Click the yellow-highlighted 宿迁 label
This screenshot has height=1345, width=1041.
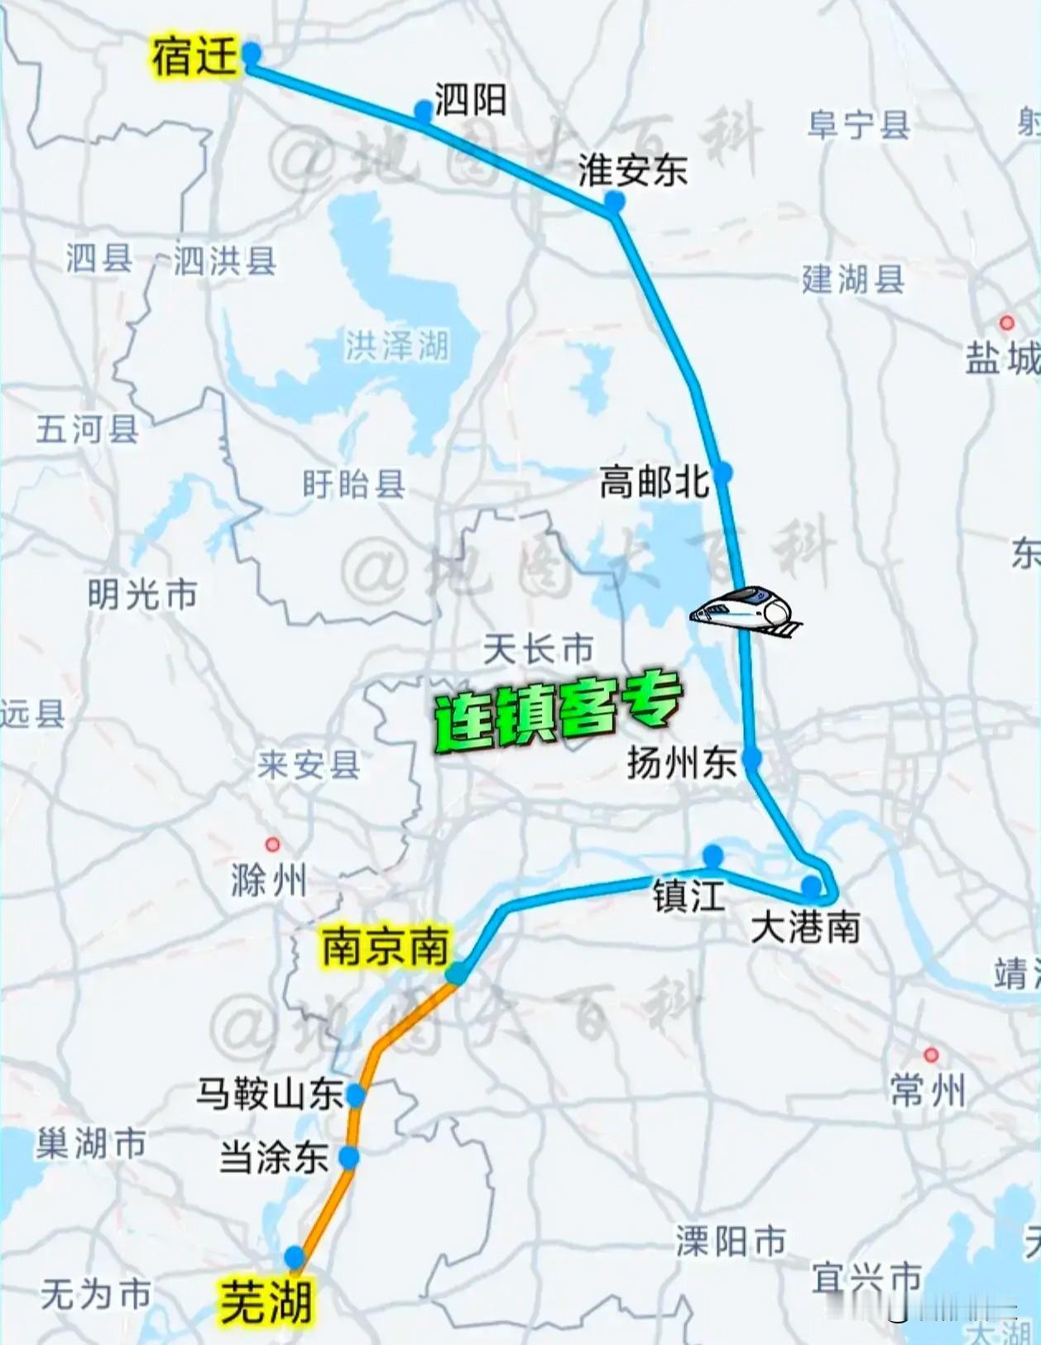click(194, 58)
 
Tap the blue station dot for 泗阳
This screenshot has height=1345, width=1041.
click(424, 109)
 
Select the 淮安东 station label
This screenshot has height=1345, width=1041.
click(633, 170)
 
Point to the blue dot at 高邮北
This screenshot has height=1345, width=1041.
click(722, 472)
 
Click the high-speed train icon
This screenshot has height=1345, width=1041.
click(746, 612)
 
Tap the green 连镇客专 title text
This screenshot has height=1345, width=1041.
click(559, 711)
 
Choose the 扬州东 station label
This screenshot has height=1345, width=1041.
click(682, 762)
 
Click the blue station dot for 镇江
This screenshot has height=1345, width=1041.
click(712, 855)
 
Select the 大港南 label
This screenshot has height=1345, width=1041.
click(805, 927)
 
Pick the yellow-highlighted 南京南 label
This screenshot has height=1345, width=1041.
click(385, 948)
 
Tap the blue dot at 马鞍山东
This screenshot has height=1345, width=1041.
click(356, 1096)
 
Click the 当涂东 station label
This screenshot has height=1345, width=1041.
click(274, 1157)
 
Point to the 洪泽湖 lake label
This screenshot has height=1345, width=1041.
click(397, 346)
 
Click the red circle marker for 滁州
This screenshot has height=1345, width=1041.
click(272, 845)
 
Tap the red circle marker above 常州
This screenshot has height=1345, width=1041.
click(931, 1055)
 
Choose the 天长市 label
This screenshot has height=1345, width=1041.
click(538, 649)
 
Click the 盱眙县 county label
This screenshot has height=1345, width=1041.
click(353, 484)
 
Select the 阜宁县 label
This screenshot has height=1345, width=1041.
click(859, 126)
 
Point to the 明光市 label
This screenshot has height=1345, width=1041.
click(142, 594)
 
